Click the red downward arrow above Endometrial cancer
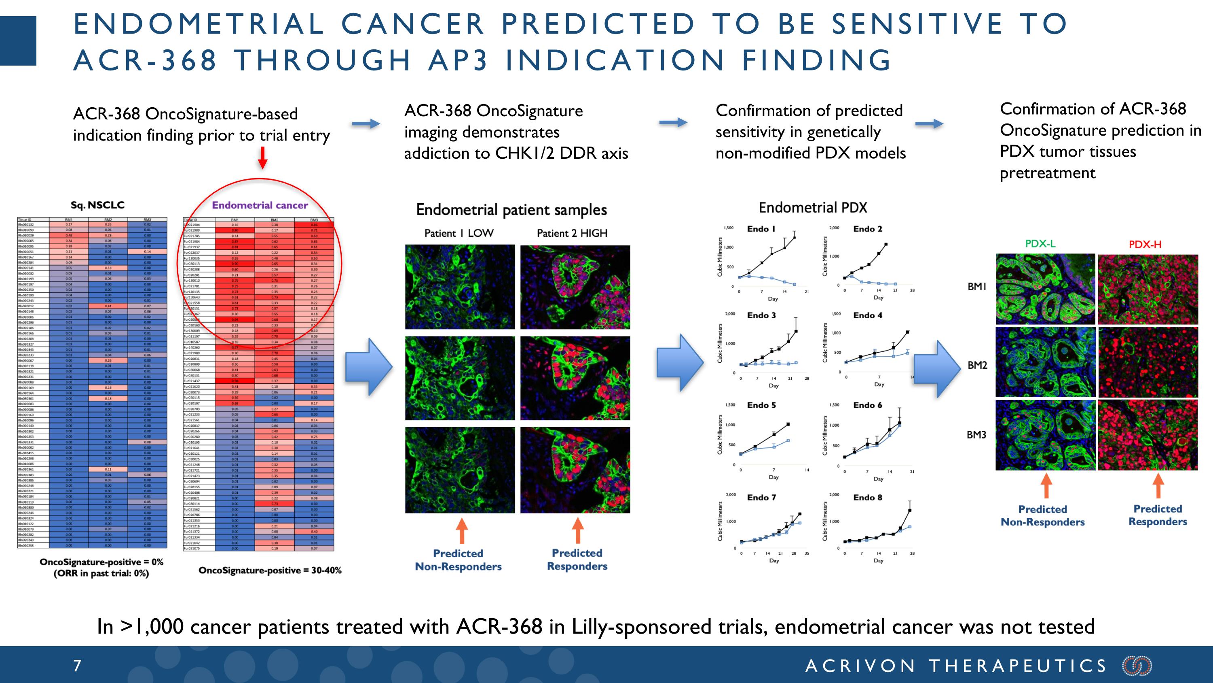point(263,158)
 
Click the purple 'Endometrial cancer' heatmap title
point(260,205)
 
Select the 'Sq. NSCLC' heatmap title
point(97,205)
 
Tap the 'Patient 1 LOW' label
point(459,233)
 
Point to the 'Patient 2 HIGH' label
point(572,233)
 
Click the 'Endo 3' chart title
point(761,315)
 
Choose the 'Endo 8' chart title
point(867,497)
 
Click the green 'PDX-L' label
point(1040,244)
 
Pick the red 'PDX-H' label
point(1145,244)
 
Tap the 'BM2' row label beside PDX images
point(977,365)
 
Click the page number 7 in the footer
point(77,666)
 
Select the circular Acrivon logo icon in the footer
point(1137,666)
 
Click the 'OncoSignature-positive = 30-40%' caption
point(270,570)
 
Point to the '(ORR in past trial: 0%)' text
point(101,574)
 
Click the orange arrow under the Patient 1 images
point(462,531)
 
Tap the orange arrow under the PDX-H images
point(1158,485)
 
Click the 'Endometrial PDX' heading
point(812,207)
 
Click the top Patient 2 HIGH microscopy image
point(575,287)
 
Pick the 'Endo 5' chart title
point(761,405)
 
